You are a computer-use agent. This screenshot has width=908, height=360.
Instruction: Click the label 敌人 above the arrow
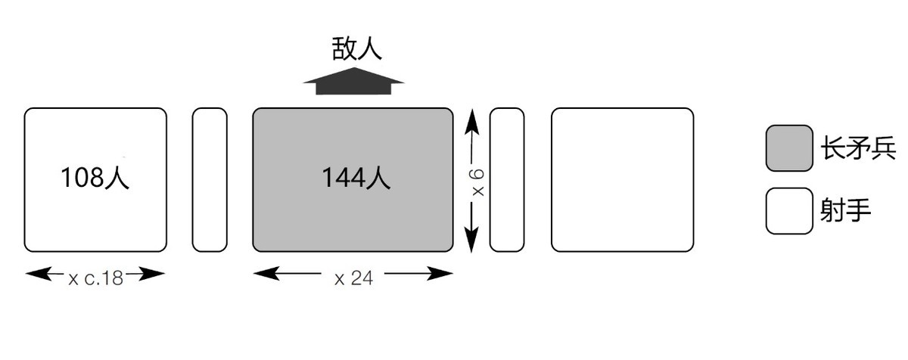pyautogui.click(x=356, y=48)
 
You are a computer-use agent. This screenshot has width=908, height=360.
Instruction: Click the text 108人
pyautogui.click(x=95, y=178)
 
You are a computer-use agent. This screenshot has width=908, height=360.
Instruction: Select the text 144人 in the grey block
pyautogui.click(x=356, y=178)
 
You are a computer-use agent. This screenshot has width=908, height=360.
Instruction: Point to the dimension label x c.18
pyautogui.click(x=95, y=278)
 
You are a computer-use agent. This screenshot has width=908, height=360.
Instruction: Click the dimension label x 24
pyautogui.click(x=353, y=278)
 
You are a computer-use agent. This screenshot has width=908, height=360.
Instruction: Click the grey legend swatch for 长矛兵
pyautogui.click(x=788, y=148)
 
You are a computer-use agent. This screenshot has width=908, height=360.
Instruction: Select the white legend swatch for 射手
pyautogui.click(x=788, y=211)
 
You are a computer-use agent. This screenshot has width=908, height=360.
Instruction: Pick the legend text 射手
pyautogui.click(x=845, y=210)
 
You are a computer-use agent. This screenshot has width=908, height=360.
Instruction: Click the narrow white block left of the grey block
pyautogui.click(x=210, y=179)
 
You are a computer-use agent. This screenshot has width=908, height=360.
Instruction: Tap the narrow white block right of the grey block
pyautogui.click(x=507, y=179)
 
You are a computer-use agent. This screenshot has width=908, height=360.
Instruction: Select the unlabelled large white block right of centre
pyautogui.click(x=622, y=179)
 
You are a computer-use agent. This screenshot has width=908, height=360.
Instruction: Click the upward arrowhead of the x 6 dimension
pyautogui.click(x=471, y=117)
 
